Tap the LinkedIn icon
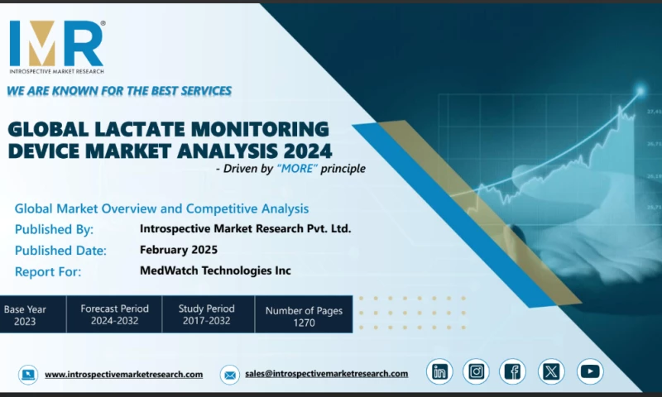click(439, 372)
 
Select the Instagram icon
click(476, 372)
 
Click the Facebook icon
click(513, 372)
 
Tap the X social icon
click(550, 372)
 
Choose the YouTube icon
click(590, 372)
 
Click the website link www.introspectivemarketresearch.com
click(123, 374)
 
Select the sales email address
click(326, 374)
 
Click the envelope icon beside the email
click(229, 375)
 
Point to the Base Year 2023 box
click(25, 315)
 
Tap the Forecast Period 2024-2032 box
click(114, 315)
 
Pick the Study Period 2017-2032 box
click(207, 315)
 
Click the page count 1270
click(304, 323)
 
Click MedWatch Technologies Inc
click(215, 270)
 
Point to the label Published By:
click(54, 229)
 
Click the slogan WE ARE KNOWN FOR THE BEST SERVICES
click(119, 90)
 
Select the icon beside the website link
click(28, 375)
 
